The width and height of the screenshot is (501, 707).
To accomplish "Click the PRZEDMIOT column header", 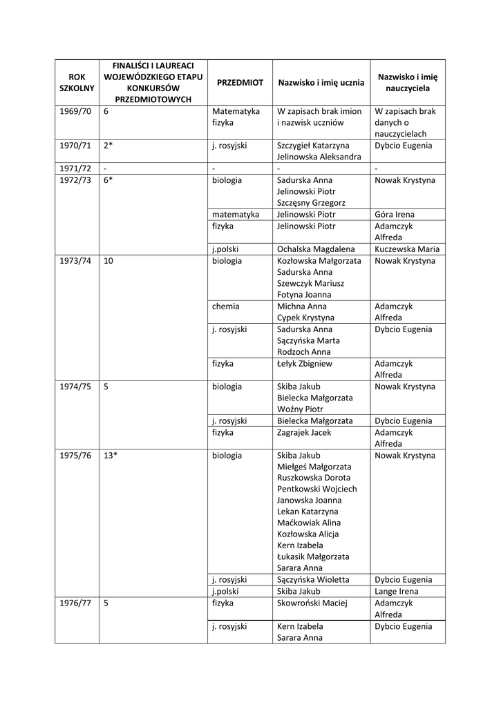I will pos(240,82).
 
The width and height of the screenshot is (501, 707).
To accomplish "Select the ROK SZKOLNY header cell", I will pos(76,83).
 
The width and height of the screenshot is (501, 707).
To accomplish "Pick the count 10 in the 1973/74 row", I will pos(109,261).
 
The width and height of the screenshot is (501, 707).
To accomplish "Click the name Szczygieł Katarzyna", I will pos(313,146).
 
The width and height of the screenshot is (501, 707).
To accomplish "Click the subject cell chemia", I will pos(226,306).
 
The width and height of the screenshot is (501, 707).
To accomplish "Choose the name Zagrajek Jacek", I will pos(304,432).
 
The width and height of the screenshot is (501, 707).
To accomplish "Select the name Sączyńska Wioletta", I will pos(313,580).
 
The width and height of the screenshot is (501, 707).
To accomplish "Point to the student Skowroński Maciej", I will pos(312,603).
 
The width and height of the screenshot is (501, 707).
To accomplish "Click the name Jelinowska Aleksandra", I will pos(319,157).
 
